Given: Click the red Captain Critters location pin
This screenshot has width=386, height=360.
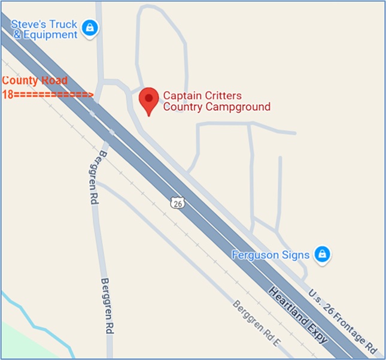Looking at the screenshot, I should pos(148,99).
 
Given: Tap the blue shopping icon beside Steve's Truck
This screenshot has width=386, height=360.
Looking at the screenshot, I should pos(90,28).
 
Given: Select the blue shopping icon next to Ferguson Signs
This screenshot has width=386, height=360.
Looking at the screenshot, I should pos(323,254).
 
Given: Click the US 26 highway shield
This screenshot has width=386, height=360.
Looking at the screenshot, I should pos(176,202).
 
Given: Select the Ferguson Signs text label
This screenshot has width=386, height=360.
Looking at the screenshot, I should pos(270,255).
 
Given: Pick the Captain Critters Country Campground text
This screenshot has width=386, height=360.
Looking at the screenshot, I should pos(216,101).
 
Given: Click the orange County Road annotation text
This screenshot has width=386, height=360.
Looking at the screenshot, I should pos(35,80).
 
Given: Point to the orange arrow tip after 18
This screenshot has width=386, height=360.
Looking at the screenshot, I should pos(91,94).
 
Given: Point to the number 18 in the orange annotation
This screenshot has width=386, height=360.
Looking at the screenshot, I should pos(8,94).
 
